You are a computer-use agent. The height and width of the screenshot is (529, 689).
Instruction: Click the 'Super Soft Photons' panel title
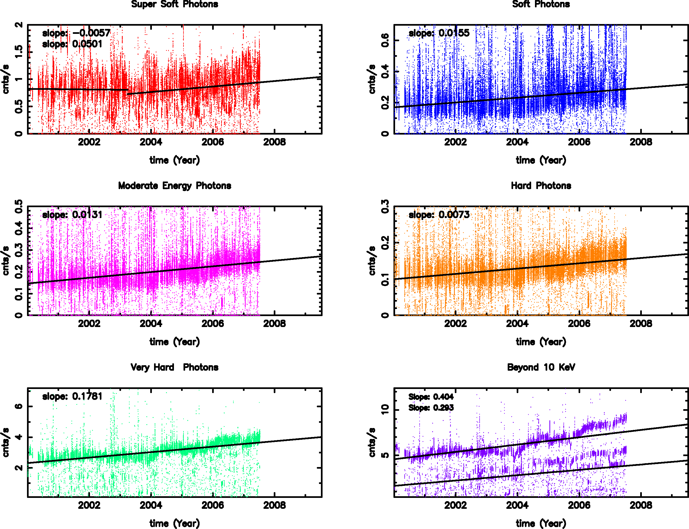click(174, 4)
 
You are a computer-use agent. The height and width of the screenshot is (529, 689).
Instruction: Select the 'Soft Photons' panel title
click(541, 4)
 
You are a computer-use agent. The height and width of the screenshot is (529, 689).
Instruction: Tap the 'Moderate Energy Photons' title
click(174, 186)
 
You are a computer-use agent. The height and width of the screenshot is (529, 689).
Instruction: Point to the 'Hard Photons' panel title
click(541, 186)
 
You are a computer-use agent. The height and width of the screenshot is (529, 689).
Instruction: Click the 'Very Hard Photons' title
click(174, 367)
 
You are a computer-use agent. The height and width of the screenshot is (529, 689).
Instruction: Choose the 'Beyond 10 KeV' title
click(541, 367)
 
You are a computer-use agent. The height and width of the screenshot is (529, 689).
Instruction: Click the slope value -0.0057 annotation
click(76, 33)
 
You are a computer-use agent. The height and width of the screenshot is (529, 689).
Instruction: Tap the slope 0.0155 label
click(439, 33)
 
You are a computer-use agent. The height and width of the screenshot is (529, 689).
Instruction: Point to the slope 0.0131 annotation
click(72, 215)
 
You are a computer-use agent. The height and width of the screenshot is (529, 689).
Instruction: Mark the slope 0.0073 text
click(439, 215)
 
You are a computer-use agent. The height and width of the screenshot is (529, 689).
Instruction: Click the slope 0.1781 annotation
click(72, 396)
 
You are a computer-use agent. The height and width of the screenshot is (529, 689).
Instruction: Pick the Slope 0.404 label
click(431, 397)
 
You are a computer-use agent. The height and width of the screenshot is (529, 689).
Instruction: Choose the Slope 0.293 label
click(431, 408)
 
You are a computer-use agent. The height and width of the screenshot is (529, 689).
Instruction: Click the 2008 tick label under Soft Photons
click(640, 142)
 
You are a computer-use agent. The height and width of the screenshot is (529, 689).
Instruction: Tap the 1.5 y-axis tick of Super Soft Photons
click(19, 52)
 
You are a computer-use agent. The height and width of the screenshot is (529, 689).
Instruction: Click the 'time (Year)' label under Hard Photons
click(541, 342)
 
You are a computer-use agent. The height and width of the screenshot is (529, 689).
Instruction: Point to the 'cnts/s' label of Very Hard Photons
click(6, 442)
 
